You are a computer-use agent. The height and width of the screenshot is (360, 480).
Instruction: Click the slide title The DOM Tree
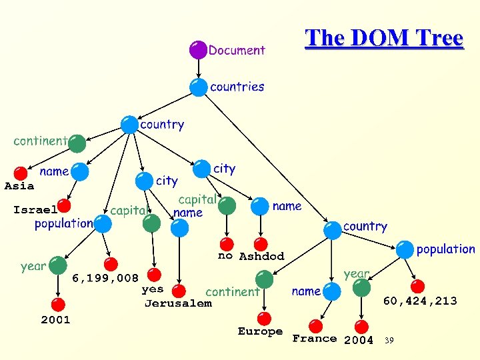click(x=384, y=38)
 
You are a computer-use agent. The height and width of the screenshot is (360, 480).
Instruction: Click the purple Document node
click(x=198, y=49)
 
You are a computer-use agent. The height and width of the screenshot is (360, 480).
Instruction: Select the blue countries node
click(x=198, y=87)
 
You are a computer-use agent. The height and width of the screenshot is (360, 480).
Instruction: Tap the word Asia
click(x=19, y=186)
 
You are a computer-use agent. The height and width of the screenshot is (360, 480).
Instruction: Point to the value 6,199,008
click(x=105, y=277)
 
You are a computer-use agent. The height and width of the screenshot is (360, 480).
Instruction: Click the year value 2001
click(x=55, y=319)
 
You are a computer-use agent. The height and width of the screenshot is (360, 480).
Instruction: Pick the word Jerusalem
click(x=178, y=303)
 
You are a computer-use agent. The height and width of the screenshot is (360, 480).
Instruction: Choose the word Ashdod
click(x=261, y=257)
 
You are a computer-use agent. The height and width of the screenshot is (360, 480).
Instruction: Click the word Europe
click(x=260, y=331)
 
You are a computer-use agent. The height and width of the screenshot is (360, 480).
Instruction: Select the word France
click(x=314, y=339)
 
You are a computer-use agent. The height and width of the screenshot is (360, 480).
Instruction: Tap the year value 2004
click(x=359, y=340)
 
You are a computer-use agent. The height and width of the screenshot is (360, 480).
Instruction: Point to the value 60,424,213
click(x=420, y=301)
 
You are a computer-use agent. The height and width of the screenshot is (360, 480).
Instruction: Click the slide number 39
click(x=389, y=341)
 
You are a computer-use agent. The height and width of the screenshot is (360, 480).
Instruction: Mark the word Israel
click(x=35, y=209)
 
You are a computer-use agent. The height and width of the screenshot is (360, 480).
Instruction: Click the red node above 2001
click(x=58, y=305)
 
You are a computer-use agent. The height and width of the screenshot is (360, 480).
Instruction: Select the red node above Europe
click(x=265, y=317)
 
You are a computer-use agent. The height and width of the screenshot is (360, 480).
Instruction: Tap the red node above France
click(x=317, y=325)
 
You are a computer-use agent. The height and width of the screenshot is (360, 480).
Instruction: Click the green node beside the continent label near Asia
click(x=77, y=143)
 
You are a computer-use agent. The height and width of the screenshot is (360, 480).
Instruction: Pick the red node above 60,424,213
click(x=417, y=287)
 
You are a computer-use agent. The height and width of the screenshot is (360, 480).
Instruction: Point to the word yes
click(x=153, y=289)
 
